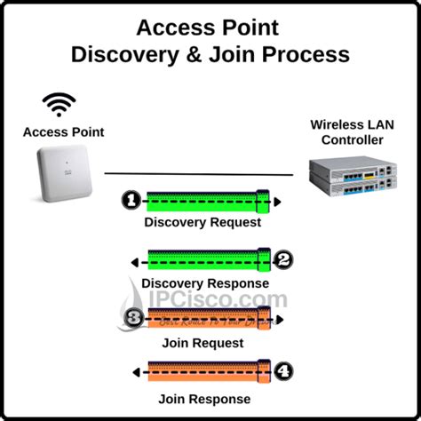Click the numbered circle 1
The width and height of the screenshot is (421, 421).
[130, 202]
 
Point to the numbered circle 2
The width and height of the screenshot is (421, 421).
[282, 260]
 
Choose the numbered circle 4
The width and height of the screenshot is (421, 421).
[282, 370]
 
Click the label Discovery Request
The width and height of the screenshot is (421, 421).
[203, 222]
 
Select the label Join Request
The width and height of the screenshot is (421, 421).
[203, 341]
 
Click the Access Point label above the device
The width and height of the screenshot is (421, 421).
[63, 132]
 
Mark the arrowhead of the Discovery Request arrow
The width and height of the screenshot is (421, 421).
[277, 202]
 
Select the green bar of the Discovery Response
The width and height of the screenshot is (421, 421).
[204, 260]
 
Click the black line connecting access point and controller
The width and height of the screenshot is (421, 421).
[200, 173]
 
